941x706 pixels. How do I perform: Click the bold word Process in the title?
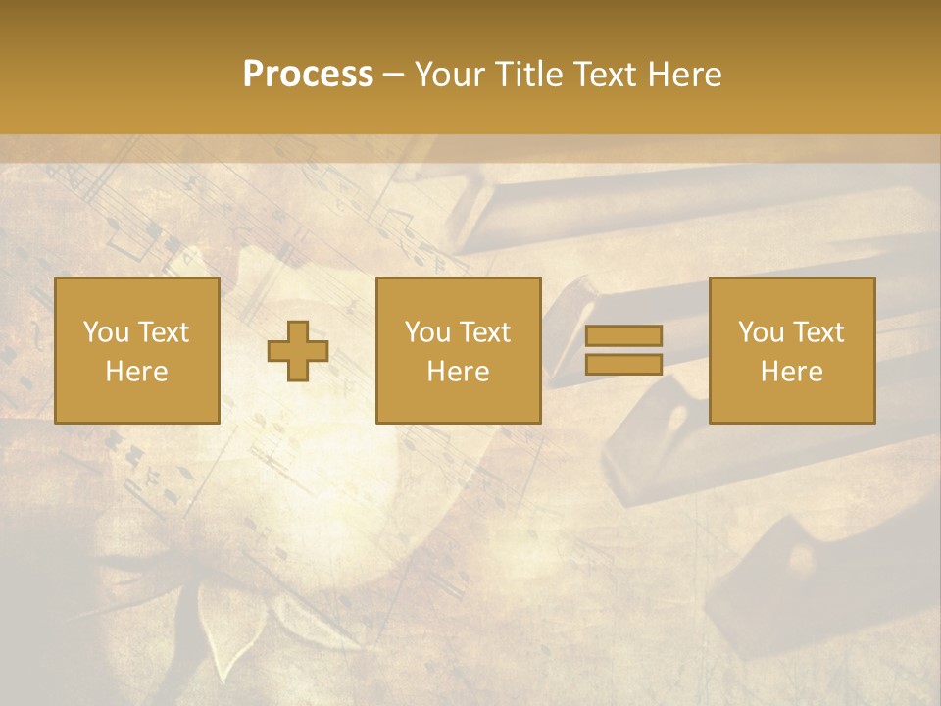click(308, 75)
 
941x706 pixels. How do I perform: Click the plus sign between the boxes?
click(298, 351)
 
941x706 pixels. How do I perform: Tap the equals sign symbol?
click(623, 350)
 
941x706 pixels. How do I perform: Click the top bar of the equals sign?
click(623, 336)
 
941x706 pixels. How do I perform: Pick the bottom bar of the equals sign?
click(623, 364)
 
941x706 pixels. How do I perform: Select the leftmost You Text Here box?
click(137, 350)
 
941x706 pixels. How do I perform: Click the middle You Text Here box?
click(458, 350)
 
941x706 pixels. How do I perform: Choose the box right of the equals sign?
click(792, 350)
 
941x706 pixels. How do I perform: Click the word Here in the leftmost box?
click(137, 372)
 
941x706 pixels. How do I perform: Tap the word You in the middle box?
click(427, 332)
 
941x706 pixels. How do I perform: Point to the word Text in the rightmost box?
click(818, 332)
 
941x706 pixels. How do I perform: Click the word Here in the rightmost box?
click(792, 372)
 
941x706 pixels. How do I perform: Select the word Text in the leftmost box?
click(164, 332)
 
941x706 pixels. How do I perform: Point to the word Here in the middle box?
click(458, 372)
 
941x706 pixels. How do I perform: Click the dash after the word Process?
click(394, 75)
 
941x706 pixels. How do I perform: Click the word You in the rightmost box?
click(761, 332)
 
